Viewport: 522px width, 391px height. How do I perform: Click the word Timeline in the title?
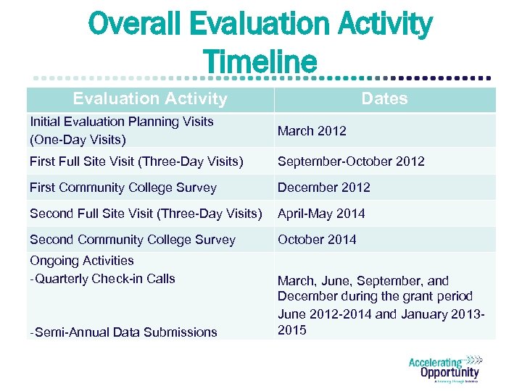pyautogui.click(x=260, y=61)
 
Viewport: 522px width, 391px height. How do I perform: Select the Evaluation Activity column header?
pyautogui.click(x=150, y=99)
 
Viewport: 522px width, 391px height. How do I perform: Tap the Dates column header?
pyautogui.click(x=384, y=99)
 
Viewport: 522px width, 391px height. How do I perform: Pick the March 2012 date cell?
pyautogui.click(x=312, y=131)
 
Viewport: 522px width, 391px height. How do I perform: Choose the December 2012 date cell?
pyautogui.click(x=323, y=188)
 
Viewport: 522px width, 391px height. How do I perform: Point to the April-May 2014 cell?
pyautogui.click(x=321, y=214)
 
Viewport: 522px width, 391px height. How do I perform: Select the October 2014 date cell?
pyautogui.click(x=317, y=240)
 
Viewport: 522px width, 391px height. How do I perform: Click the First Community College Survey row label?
pyautogui.click(x=123, y=188)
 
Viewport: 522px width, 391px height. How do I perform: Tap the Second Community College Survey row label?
pyautogui.click(x=133, y=240)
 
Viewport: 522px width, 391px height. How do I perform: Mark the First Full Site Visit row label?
pyautogui.click(x=136, y=161)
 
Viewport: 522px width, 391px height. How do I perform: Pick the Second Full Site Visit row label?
pyautogui.click(x=146, y=214)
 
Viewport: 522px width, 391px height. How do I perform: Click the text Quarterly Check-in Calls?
pyautogui.click(x=104, y=279)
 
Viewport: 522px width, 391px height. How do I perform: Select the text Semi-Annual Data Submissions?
pyautogui.click(x=125, y=332)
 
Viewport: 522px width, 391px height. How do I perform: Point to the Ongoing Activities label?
pyautogui.click(x=82, y=261)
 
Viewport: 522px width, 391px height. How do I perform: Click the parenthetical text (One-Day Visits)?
pyautogui.click(x=78, y=139)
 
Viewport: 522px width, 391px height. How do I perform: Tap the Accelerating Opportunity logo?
pyautogui.click(x=444, y=369)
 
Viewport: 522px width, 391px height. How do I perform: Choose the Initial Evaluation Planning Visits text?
pyautogui.click(x=122, y=122)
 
